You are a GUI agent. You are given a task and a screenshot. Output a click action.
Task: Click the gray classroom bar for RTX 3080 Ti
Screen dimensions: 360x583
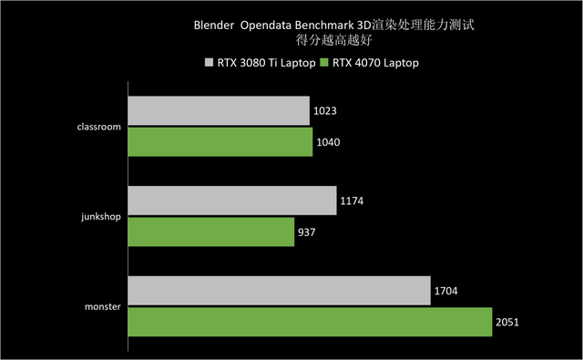point(219,111)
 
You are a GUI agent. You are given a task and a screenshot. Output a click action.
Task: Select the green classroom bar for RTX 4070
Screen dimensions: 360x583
point(220,141)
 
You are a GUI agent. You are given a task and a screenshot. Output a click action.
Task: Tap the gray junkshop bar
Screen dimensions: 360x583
point(232,201)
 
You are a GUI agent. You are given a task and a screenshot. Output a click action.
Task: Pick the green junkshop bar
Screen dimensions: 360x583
point(210,231)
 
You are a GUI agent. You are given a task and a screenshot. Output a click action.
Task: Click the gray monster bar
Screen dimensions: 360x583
point(279,292)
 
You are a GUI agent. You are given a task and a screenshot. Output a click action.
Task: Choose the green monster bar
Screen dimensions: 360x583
point(310,322)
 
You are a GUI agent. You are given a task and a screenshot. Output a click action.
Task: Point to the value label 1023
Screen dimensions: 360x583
point(327,112)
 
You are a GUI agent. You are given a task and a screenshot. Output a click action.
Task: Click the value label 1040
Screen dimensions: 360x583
point(330,142)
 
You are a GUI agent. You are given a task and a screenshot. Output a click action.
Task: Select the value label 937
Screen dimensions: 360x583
point(309,232)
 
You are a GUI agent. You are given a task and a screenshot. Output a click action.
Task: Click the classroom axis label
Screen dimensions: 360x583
point(99,127)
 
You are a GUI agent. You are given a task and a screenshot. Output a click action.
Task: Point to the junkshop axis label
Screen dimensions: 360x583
point(100,217)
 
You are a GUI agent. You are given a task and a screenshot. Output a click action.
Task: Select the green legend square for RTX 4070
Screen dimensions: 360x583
point(325,63)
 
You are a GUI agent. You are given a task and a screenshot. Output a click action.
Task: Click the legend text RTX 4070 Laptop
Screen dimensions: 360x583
point(375,63)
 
